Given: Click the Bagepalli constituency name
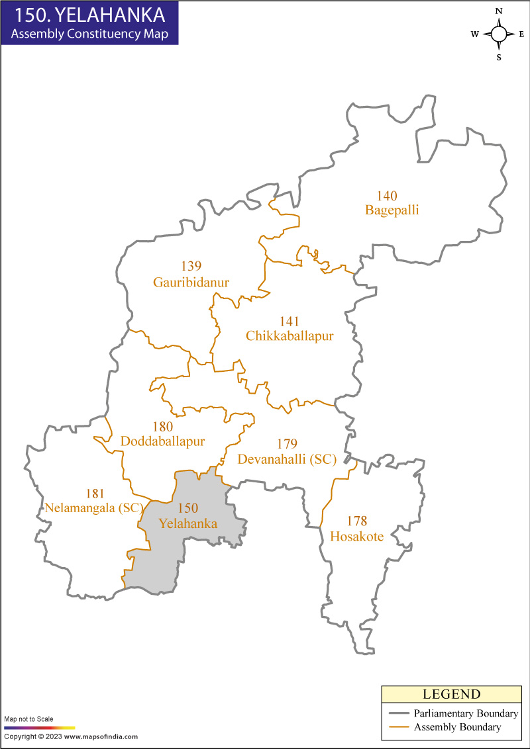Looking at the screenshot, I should [392, 210].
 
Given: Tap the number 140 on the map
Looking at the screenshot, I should [388, 196].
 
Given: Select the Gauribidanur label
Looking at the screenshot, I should [191, 283].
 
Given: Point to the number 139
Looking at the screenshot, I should [191, 267].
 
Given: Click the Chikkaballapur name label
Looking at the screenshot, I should [290, 336].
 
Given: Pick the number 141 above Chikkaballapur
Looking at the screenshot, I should [290, 322].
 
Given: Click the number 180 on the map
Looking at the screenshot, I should [162, 427].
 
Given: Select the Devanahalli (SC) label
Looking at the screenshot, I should [287, 459].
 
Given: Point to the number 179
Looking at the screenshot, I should [287, 444].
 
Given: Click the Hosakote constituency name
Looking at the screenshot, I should [356, 537].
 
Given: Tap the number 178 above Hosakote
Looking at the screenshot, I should [356, 521].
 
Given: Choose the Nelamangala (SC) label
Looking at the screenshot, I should [94, 508].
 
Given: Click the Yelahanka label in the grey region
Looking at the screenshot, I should [188, 523].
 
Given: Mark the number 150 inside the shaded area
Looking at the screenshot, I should [188, 508].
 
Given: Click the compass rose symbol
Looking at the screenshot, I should [499, 34].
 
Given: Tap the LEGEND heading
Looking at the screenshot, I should [451, 694].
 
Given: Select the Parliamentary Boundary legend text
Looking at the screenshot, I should [466, 713].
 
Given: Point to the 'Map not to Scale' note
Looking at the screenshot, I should [29, 719].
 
